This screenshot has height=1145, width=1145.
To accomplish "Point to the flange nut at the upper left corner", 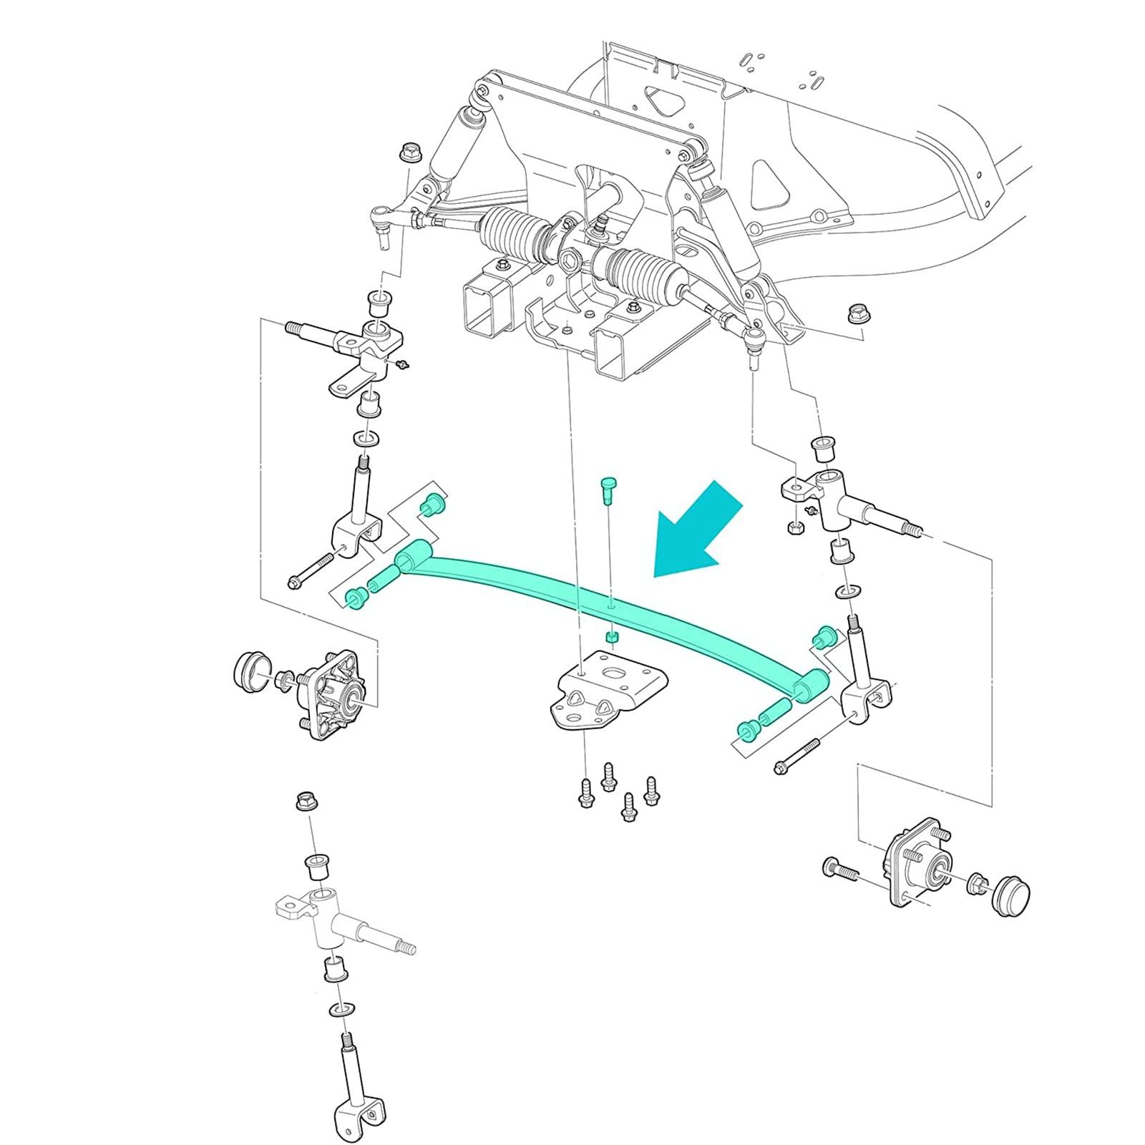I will (410, 152).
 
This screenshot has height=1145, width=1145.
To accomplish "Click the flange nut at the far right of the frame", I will (856, 313).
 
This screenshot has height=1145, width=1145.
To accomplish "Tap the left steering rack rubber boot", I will (511, 237).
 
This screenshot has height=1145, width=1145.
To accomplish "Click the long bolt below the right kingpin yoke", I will (807, 757).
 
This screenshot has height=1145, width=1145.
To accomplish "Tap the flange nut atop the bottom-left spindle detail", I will (307, 801).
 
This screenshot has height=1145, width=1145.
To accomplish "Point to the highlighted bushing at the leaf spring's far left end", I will (354, 599).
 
